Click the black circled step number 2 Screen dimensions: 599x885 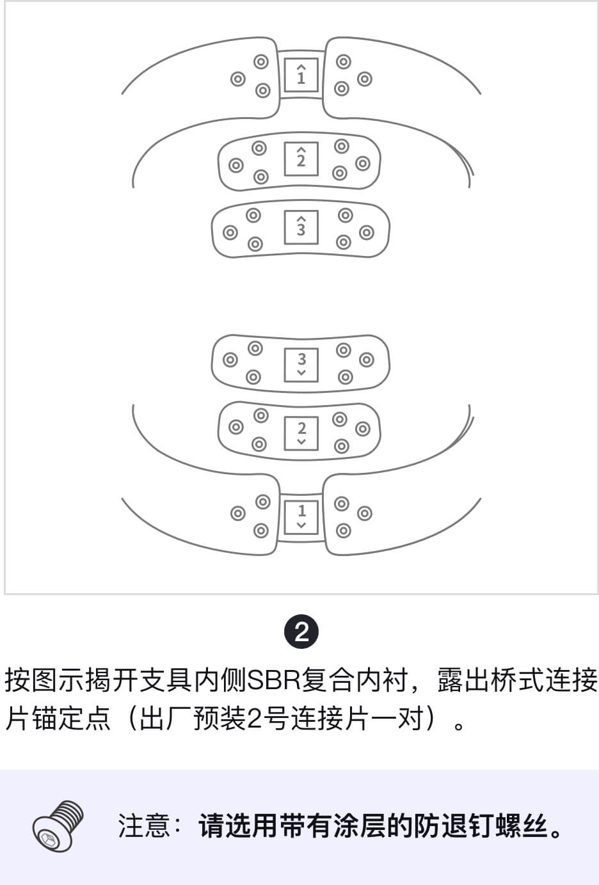coord(301,632)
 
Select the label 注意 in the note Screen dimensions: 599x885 coord(144,825)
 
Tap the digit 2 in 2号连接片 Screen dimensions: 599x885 coord(255,719)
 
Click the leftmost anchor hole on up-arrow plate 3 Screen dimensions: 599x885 coord(230,232)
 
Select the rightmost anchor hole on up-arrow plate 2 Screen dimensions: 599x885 coord(363,163)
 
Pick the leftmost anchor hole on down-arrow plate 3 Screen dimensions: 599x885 coord(230,360)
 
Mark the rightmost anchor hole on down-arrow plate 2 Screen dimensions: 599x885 coord(363,429)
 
